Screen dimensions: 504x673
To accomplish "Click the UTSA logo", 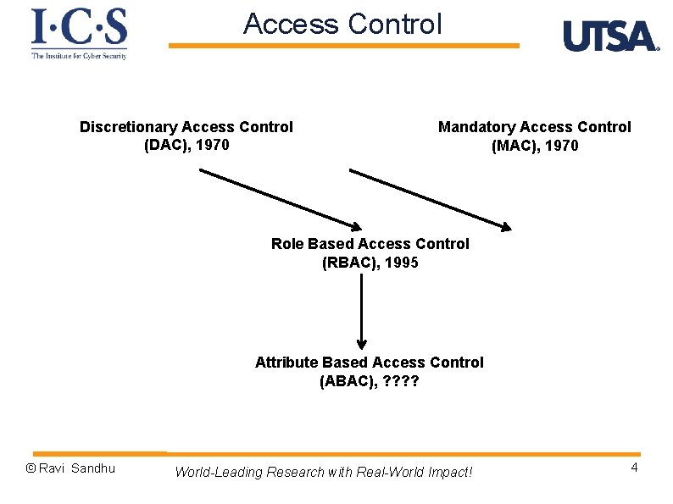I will pos(610,36).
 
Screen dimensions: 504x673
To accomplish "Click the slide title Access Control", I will pos(342,25).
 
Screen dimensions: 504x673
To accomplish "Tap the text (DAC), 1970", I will pos(186,145).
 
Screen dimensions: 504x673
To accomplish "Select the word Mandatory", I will pos(476,127).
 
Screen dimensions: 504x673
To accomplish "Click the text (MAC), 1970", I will pos(535,146).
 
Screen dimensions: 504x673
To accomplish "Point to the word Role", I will pos(287,244).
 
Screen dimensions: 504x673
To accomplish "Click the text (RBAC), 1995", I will pos(370,263).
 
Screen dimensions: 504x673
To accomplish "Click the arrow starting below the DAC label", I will pos(280,198).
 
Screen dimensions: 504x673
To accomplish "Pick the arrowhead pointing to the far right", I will pos(506,227).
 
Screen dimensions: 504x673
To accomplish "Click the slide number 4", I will pos(634,468).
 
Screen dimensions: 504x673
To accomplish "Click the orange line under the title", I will pos(343,46).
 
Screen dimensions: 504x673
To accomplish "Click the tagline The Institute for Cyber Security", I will pos(79,56).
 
